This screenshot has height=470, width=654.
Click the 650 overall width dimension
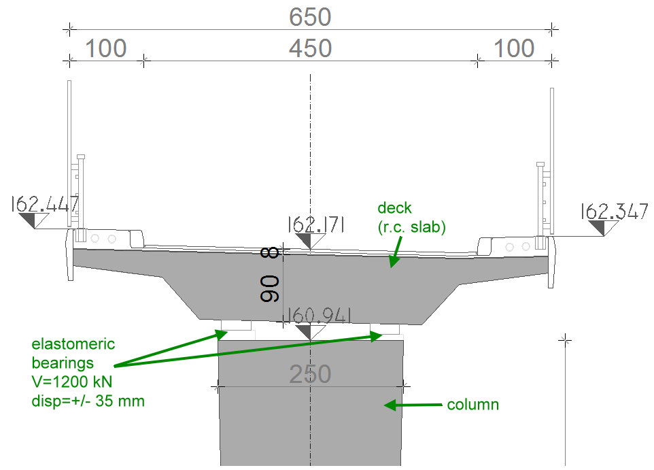click(310, 16)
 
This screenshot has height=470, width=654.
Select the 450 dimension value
click(310, 48)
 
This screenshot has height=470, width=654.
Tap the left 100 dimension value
click(106, 48)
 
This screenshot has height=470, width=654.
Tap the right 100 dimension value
click(514, 48)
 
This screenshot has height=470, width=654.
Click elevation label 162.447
click(45, 204)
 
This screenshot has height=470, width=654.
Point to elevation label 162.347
click(614, 212)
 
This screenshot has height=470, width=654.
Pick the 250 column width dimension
click(310, 374)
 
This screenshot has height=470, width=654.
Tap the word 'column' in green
click(472, 405)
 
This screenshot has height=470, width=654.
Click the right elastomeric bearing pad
click(385, 329)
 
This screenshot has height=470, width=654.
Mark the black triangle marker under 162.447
click(29, 220)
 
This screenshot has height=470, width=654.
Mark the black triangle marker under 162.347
click(600, 227)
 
